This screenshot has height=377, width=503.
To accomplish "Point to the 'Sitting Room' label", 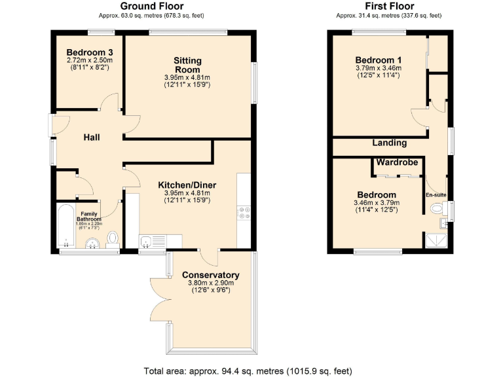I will (187, 65).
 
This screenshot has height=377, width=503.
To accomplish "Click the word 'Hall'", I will (93, 137).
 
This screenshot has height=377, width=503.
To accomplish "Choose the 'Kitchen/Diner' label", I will (187, 185).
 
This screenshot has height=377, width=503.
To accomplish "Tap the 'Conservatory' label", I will (211, 275).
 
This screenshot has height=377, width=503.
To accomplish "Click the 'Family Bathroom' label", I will (90, 217).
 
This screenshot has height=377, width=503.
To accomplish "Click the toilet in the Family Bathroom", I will (112, 238).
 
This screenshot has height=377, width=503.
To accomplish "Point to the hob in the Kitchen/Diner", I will (244, 213).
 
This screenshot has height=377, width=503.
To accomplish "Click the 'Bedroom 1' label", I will (379, 60).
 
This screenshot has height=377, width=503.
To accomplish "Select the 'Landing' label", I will (390, 143).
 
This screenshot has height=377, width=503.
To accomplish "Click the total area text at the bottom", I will (251, 370).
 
